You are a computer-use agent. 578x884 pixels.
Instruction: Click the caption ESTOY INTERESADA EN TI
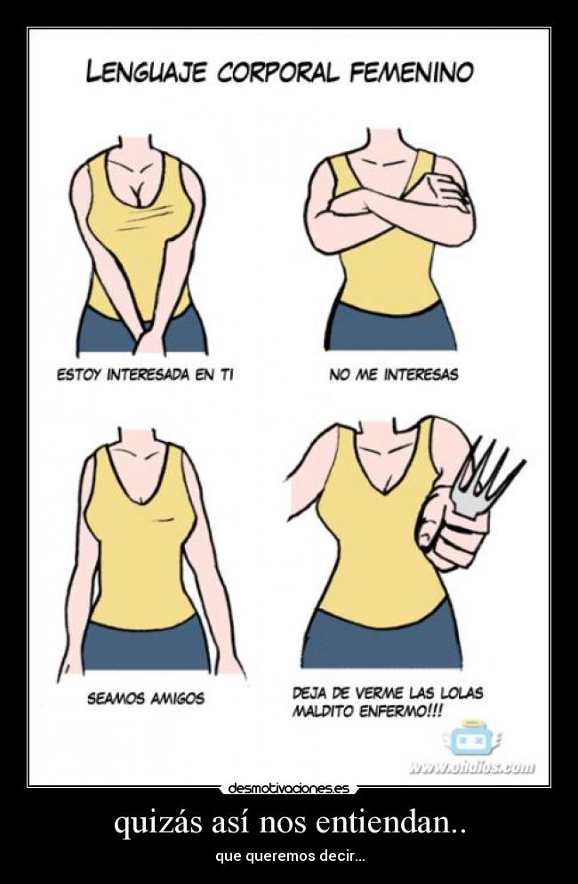point(145,375)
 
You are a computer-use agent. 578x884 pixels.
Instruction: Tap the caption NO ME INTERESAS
point(393,374)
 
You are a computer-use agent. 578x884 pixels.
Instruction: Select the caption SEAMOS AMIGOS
point(145,698)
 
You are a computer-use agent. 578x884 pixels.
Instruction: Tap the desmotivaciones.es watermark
point(289,788)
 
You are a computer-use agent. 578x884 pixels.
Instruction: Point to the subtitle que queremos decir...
point(289,856)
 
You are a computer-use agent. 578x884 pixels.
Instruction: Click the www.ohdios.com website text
point(472,767)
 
